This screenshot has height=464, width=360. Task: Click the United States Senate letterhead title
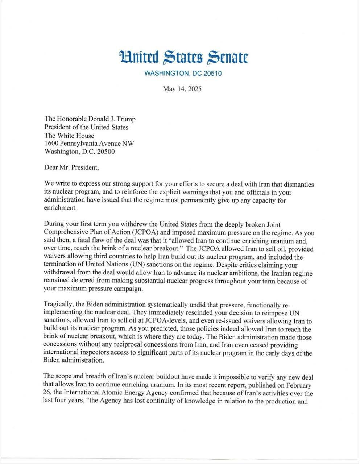coord(183,57)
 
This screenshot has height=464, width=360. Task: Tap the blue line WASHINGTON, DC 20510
coord(183,74)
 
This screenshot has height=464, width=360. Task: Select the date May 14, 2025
coord(182,89)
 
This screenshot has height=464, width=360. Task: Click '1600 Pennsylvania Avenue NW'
coord(89,144)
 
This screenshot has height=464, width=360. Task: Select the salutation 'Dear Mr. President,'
coord(71,167)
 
